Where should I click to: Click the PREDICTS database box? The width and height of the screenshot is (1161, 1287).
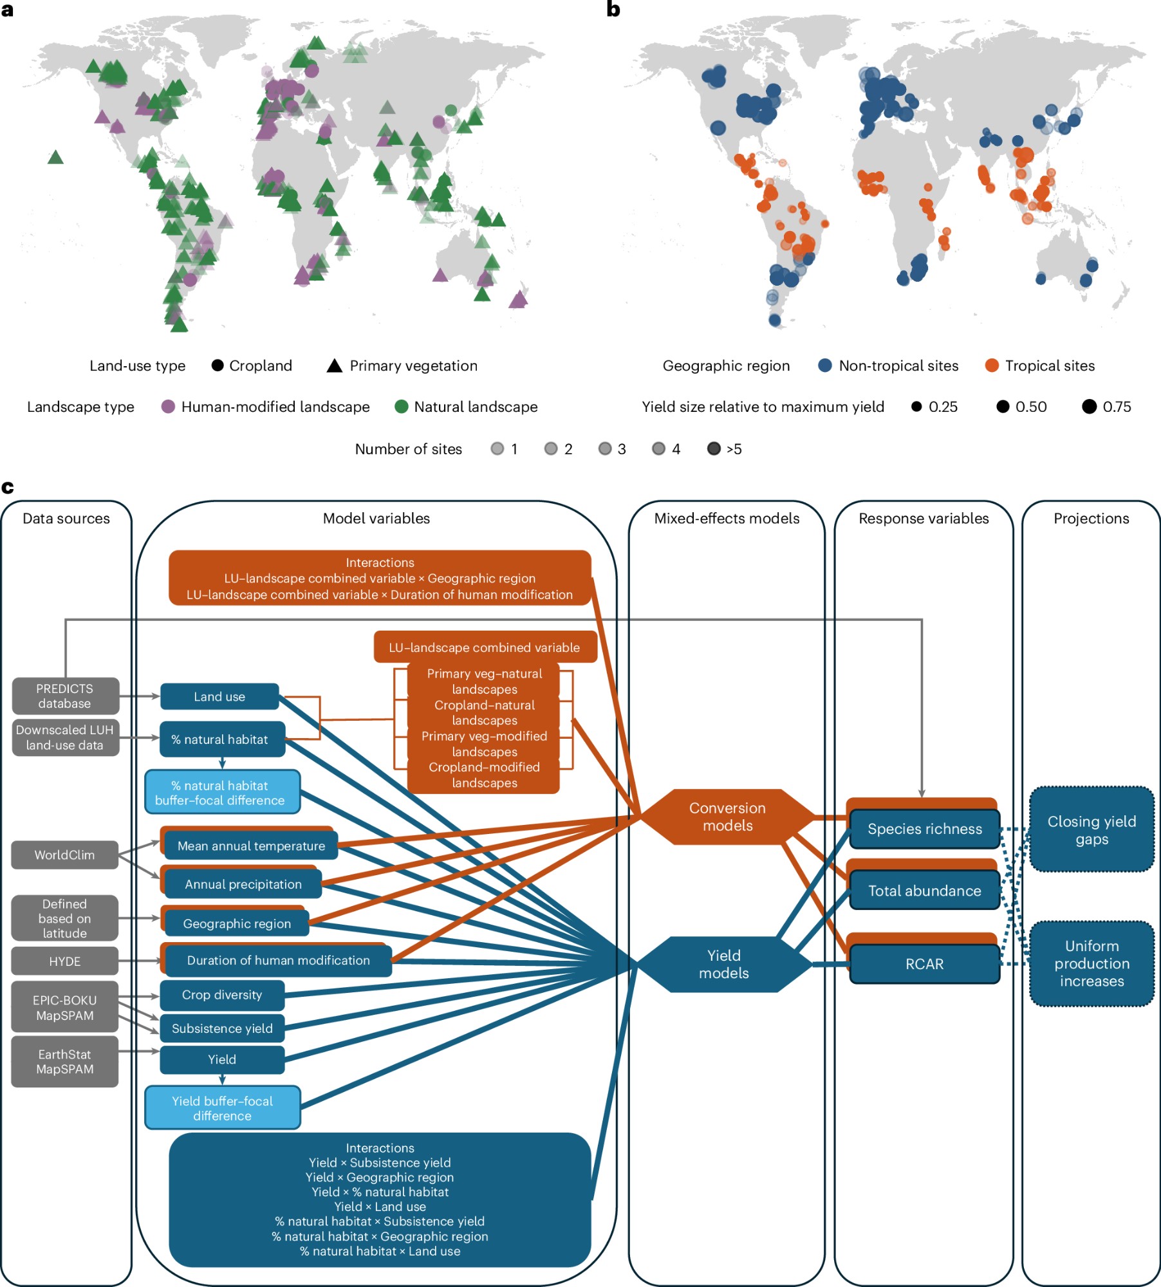pyautogui.click(x=65, y=696)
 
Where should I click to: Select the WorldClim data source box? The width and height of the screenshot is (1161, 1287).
pyautogui.click(x=65, y=855)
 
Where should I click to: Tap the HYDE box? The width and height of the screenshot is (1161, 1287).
pyautogui.click(x=65, y=961)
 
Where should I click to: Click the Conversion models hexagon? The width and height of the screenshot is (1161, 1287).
pyautogui.click(x=727, y=817)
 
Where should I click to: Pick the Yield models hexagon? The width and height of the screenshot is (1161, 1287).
pyautogui.click(x=724, y=964)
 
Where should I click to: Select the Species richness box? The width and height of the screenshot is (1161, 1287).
pyautogui.click(x=925, y=829)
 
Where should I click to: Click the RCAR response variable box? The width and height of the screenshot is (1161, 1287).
pyautogui.click(x=925, y=964)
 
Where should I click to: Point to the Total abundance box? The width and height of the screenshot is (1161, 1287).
pyautogui.click(x=925, y=891)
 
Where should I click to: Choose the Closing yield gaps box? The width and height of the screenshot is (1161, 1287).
pyautogui.click(x=1091, y=830)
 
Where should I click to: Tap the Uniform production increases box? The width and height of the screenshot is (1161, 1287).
pyautogui.click(x=1091, y=963)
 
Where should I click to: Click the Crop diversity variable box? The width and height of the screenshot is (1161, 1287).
pyautogui.click(x=222, y=995)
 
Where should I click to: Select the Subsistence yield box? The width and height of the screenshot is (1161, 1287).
pyautogui.click(x=222, y=1028)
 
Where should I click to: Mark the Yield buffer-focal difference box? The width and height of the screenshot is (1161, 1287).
pyautogui.click(x=222, y=1108)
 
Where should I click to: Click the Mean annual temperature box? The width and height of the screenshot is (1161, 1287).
pyautogui.click(x=251, y=846)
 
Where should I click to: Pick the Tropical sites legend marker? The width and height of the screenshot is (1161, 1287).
pyautogui.click(x=992, y=366)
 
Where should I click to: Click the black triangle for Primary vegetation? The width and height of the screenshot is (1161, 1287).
pyautogui.click(x=334, y=366)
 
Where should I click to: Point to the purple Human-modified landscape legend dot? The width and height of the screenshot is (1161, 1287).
pyautogui.click(x=168, y=407)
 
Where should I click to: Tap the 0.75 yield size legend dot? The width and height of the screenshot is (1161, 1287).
pyautogui.click(x=1089, y=407)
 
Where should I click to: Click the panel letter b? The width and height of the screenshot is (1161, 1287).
pyautogui.click(x=613, y=10)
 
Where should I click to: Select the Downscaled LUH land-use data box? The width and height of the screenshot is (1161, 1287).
pyautogui.click(x=65, y=737)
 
